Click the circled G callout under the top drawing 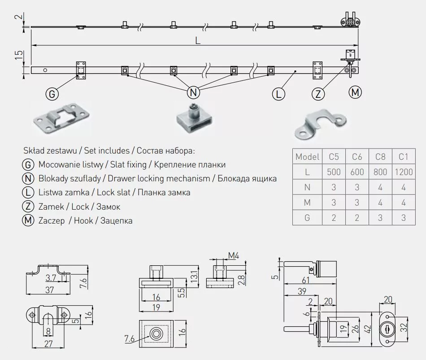(52, 94)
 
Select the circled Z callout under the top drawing (318, 94)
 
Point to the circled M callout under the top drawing (355, 92)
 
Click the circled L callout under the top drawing (278, 94)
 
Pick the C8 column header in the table (380, 157)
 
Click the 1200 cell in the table (404, 171)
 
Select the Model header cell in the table (307, 157)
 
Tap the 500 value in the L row (334, 171)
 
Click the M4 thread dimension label (234, 256)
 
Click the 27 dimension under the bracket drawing (49, 345)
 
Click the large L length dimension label (198, 40)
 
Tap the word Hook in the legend (84, 220)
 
